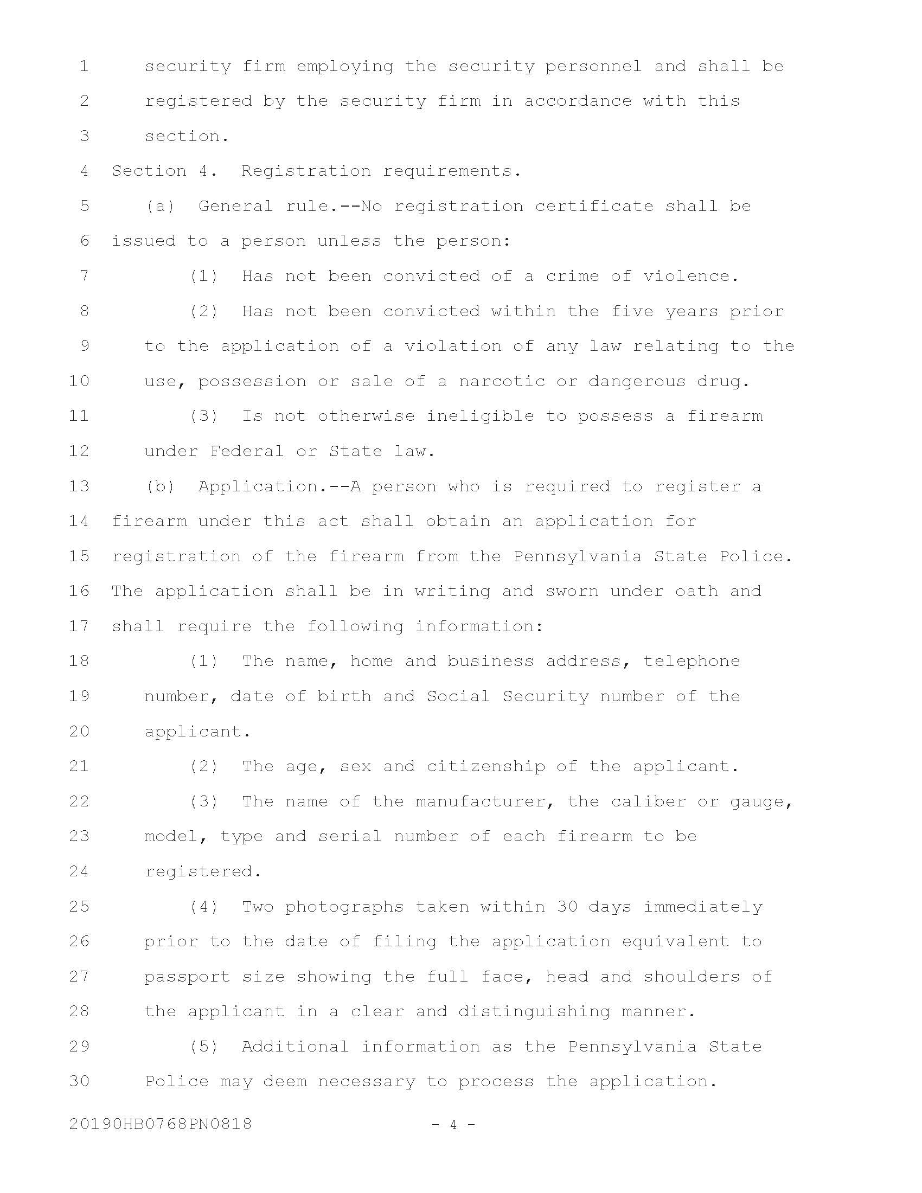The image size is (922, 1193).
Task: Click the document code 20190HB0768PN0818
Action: (161, 1124)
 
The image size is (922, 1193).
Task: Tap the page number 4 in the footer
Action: (453, 1124)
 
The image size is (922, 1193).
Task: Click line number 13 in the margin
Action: (79, 486)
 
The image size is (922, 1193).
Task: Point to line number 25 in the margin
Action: (79, 906)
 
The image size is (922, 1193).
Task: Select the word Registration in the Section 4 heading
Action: (306, 171)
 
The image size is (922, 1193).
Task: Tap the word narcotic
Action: (502, 381)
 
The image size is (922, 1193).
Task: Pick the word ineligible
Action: (480, 416)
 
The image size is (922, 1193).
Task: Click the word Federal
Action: (247, 451)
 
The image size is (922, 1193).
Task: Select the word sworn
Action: (572, 591)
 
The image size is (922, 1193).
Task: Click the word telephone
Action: (691, 661)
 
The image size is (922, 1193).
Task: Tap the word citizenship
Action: (485, 766)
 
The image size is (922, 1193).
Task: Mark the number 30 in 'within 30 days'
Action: (567, 906)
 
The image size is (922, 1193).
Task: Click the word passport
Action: (187, 977)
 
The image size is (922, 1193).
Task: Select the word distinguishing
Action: (534, 1012)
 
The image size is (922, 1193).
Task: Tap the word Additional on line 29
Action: (295, 1047)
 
